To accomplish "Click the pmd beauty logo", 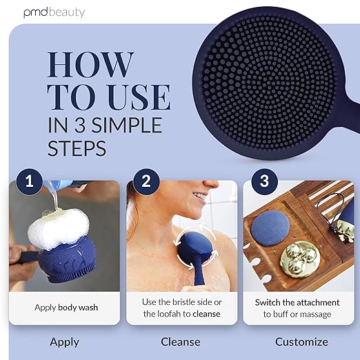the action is point(54,13).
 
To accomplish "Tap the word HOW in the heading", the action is point(90,65).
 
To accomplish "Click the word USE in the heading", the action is point(139,97).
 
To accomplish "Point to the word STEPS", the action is point(77,148).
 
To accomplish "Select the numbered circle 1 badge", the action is point(30,181).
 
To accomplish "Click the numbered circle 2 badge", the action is point(146,181).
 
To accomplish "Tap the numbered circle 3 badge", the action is point(264,181).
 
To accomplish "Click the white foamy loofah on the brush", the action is point(59,229).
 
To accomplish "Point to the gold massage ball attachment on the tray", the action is point(300,260).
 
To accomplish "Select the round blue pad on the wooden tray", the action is point(270,228).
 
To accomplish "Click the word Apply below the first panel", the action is point(65,342).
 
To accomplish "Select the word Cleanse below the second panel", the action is point(181,342).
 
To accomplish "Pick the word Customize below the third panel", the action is point(301,342).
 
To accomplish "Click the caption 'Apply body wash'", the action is point(66,308).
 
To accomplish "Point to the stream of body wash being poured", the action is point(55,195).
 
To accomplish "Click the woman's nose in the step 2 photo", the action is point(210,183).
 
